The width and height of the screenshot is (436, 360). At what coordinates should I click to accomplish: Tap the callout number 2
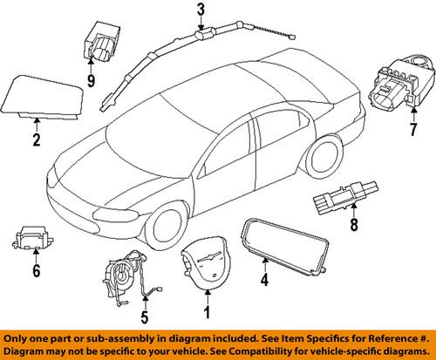click(37, 140)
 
